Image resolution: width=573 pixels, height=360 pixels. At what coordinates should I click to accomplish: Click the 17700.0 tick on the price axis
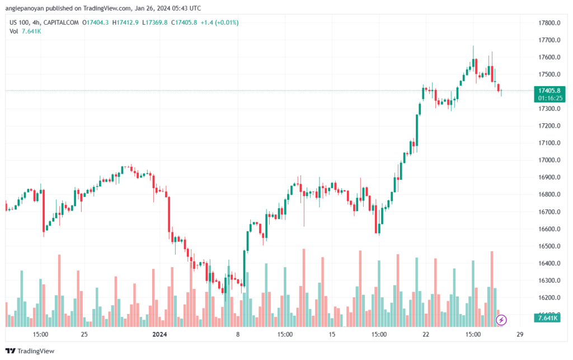549,40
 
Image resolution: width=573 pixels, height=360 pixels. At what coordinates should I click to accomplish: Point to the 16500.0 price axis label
549,246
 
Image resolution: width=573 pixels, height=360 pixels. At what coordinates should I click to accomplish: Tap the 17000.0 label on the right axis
549,160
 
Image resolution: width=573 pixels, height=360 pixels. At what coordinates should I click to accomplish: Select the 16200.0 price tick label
549,298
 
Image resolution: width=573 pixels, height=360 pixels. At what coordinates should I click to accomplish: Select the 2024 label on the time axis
159,335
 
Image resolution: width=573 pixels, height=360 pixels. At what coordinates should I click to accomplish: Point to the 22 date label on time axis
426,335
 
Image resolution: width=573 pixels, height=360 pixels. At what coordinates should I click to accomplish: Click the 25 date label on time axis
84,335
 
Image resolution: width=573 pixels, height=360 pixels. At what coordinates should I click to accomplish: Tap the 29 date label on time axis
520,335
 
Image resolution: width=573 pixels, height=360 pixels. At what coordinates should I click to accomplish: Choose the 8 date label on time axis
238,335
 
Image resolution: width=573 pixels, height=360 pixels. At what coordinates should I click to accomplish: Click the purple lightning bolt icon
502,320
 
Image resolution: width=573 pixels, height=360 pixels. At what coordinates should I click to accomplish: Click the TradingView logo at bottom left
30,351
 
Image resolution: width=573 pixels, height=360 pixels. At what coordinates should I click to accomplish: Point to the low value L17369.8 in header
155,22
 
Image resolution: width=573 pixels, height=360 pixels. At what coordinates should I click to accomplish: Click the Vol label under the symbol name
14,31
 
